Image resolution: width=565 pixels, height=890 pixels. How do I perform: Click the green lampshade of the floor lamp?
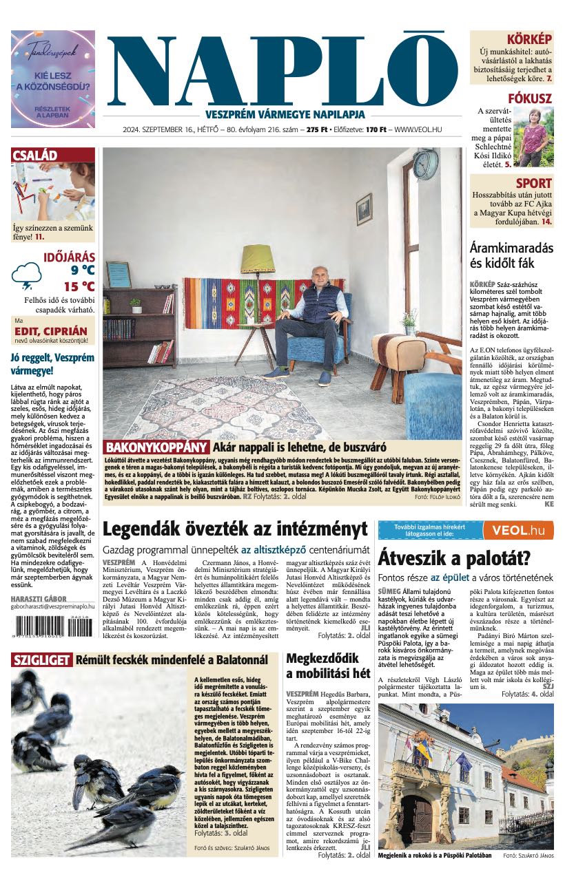258,259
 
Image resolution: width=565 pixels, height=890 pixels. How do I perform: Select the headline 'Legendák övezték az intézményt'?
235,529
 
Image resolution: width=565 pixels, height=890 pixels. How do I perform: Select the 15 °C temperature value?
79,286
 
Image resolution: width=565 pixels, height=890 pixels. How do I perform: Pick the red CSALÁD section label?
35,156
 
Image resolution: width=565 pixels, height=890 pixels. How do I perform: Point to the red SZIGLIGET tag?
41,661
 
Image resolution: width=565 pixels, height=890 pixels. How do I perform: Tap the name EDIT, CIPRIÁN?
51,331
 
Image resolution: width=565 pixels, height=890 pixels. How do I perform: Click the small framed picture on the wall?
364,209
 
